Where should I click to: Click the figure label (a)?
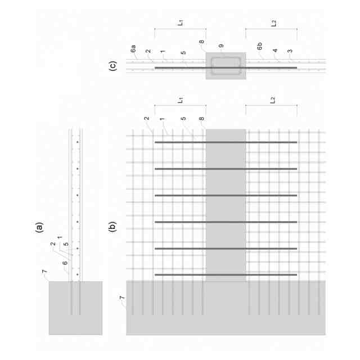point(39,228)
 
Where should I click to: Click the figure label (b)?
point(112,228)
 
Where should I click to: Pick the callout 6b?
point(260,49)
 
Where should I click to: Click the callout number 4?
point(276,49)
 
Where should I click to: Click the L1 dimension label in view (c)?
point(180,24)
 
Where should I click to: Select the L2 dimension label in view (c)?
point(273,24)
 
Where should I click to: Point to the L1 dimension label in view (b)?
point(180,101)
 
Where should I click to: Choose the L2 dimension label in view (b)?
point(273,101)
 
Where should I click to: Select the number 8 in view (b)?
point(201,119)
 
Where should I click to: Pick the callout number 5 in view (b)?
point(183,119)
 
